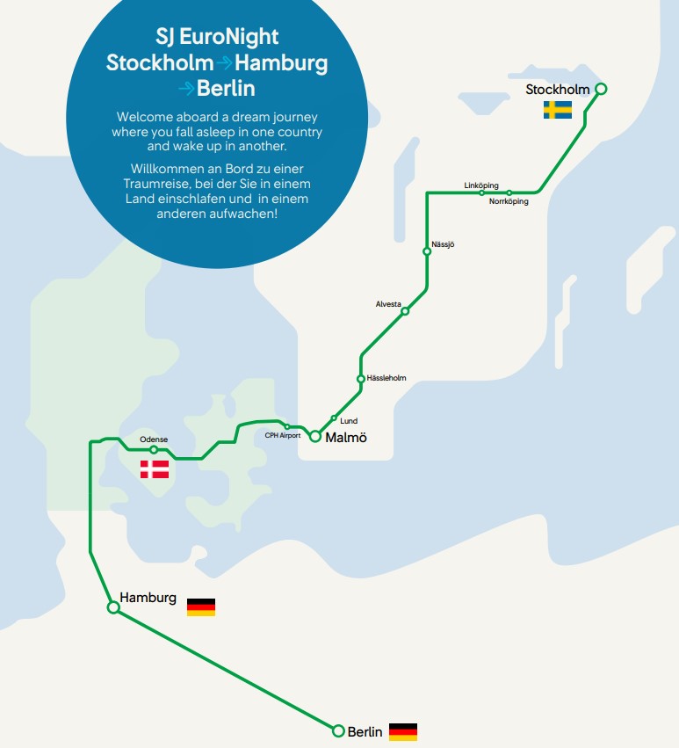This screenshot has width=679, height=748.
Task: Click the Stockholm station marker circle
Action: coord(601,89)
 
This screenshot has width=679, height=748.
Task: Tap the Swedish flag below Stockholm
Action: coord(557,110)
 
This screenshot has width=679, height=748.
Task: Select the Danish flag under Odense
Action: coord(155,469)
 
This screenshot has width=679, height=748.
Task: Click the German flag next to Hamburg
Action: coord(201,606)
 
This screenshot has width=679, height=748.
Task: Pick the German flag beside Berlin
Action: coord(403,731)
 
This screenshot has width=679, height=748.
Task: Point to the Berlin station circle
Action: coord(338,730)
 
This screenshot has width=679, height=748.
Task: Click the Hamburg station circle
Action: coord(113,606)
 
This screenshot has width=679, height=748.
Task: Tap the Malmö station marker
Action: coord(314,437)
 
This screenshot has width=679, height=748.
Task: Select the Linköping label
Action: coord(481,185)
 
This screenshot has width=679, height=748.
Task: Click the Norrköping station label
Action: coord(509,202)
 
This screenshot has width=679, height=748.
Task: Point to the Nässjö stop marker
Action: coord(427,251)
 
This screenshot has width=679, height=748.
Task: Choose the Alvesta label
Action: coord(388,303)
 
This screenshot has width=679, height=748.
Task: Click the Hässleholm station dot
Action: coord(360,379)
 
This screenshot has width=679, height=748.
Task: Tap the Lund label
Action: coord(349,421)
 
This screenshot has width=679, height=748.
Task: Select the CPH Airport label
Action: coord(283,435)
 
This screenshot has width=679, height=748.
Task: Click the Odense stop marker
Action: coord(154,450)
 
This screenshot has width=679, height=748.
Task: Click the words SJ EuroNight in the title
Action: coord(216,38)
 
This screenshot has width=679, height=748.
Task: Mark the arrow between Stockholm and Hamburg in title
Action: coord(225,63)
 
